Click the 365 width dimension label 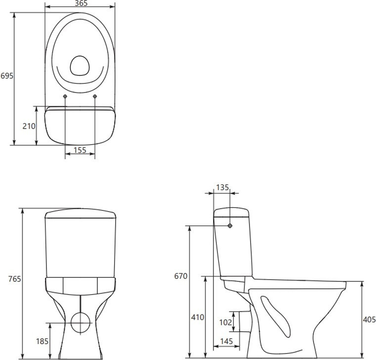(x=81, y=3)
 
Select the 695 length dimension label (x=7, y=76)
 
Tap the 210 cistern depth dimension (x=29, y=126)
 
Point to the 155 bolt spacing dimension (x=80, y=150)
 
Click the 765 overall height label (x=15, y=279)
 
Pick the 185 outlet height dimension (x=42, y=341)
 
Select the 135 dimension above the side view (x=222, y=187)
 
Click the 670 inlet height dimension (x=180, y=276)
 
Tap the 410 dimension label (x=198, y=317)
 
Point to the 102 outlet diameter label (x=226, y=322)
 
